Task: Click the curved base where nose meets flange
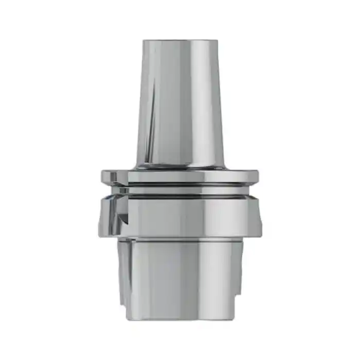click(x=179, y=166)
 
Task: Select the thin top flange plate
click(x=179, y=175)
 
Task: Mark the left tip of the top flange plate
click(x=103, y=176)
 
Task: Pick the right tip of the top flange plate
click(x=257, y=176)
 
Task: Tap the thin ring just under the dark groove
click(x=179, y=192)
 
